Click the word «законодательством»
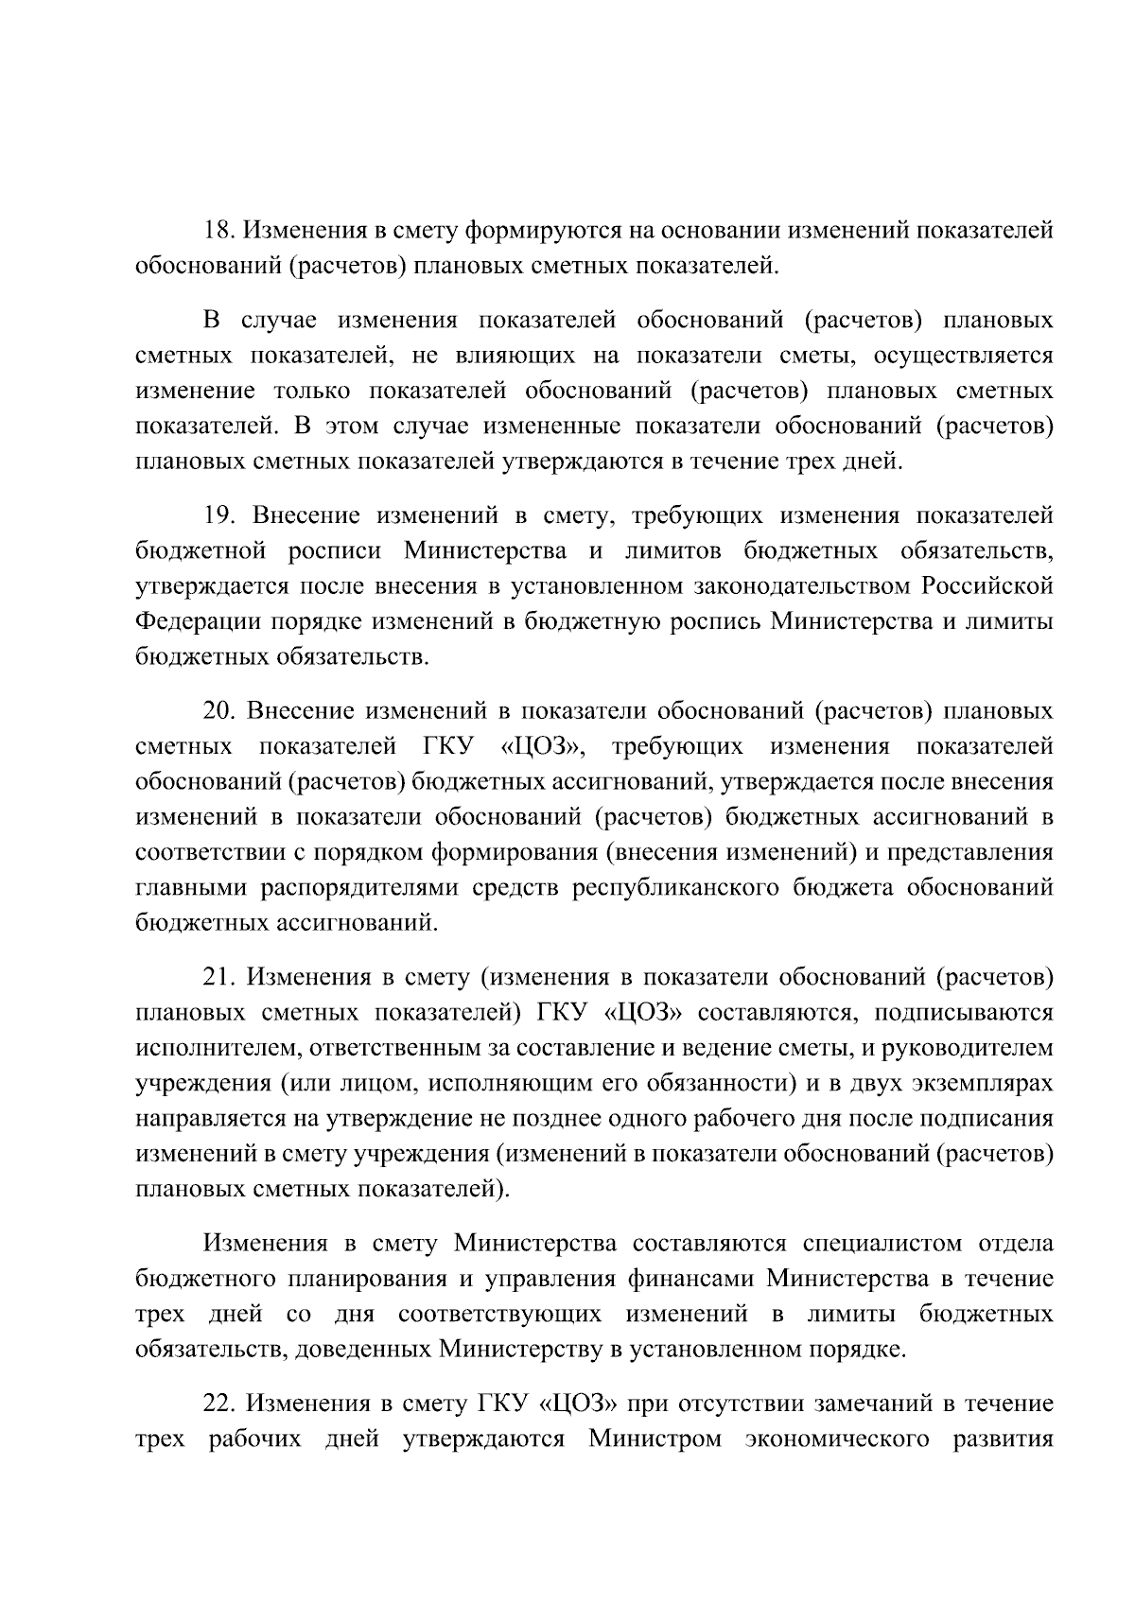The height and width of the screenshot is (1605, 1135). click(x=708, y=586)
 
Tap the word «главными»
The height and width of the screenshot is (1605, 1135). click(x=183, y=888)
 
